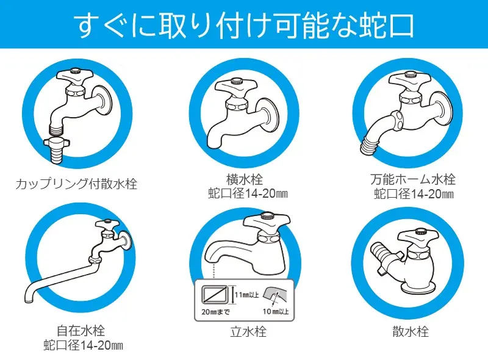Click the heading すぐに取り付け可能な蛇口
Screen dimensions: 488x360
[243, 25]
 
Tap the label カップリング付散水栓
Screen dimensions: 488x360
[76, 184]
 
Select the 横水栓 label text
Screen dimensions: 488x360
[245, 179]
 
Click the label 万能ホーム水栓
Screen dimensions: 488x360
[413, 179]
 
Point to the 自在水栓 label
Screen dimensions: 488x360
[81, 331]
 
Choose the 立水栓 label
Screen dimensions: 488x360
[248, 331]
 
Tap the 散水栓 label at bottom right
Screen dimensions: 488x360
[411, 331]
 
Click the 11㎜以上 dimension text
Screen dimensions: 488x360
[247, 295]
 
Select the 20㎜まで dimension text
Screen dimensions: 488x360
[216, 312]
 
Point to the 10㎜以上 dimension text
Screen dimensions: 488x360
[276, 311]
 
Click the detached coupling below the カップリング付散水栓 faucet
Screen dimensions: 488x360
[57, 150]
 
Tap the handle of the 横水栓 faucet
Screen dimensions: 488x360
[237, 87]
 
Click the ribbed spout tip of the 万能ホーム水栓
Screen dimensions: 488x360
[370, 145]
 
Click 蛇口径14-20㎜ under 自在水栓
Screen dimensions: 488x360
[83, 345]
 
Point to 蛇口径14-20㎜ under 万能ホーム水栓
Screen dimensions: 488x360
[414, 194]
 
